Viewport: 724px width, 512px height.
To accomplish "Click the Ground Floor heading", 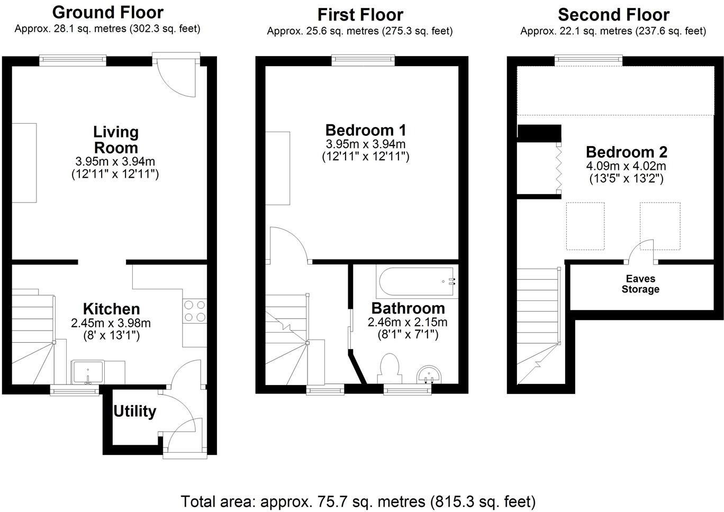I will pyautogui.click(x=108, y=12).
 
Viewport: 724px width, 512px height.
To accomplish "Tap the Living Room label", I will pyautogui.click(x=115, y=139).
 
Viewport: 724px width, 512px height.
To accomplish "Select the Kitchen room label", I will pyautogui.click(x=111, y=309).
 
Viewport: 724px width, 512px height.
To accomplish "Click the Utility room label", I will pyautogui.click(x=135, y=411).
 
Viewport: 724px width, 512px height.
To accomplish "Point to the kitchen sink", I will pyautogui.click(x=88, y=371).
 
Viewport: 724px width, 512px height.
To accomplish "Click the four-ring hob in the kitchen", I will pyautogui.click(x=194, y=311).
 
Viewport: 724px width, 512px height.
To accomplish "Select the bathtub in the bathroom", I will pyautogui.click(x=416, y=281).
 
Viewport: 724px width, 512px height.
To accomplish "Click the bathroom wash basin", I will pyautogui.click(x=429, y=375).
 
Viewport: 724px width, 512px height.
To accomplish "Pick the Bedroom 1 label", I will pyautogui.click(x=365, y=130).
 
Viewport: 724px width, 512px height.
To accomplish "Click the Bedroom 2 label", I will pyautogui.click(x=627, y=152).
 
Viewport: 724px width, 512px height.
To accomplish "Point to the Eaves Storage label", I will pyautogui.click(x=640, y=284).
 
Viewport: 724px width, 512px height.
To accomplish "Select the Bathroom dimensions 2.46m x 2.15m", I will pyautogui.click(x=408, y=322).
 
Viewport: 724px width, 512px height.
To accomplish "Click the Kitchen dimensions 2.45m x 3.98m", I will pyautogui.click(x=111, y=323).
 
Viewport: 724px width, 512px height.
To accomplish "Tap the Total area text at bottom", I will pyautogui.click(x=358, y=501).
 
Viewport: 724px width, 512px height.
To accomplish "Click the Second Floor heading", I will pyautogui.click(x=613, y=14).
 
